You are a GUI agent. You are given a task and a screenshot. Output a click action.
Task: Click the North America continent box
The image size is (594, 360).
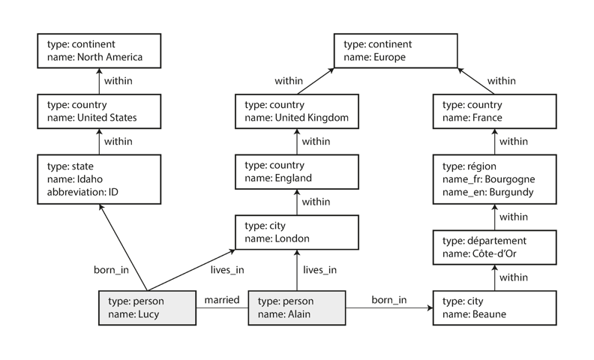click(x=99, y=50)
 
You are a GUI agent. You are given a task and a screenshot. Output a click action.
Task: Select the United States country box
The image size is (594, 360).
click(x=99, y=111)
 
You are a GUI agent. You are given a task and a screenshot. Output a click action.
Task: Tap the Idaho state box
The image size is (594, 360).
click(x=99, y=178)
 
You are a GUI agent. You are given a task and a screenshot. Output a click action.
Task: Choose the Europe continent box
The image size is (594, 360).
click(x=395, y=50)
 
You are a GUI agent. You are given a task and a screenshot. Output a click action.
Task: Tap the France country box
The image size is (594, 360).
click(x=495, y=111)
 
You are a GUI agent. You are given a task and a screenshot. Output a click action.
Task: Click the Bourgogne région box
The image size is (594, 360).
click(x=495, y=178)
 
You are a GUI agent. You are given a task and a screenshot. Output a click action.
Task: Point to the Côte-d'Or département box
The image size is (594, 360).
click(x=495, y=247)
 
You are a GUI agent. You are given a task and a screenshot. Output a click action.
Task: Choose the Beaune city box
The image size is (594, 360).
click(x=495, y=307)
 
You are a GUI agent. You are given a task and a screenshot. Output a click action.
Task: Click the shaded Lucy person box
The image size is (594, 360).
click(x=148, y=307)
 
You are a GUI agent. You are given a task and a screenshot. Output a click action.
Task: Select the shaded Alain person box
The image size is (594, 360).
click(x=296, y=307)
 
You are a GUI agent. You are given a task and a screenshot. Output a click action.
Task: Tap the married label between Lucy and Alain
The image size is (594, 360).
click(x=222, y=300)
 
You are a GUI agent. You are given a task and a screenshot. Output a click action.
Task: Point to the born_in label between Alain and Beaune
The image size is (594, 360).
click(x=389, y=300)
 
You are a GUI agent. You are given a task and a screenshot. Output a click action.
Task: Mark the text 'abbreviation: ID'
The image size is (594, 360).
click(x=82, y=191)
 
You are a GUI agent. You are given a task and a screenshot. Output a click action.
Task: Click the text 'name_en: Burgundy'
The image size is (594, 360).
click(x=488, y=192)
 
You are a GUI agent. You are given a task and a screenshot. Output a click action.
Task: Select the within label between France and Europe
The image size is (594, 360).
click(x=501, y=81)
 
